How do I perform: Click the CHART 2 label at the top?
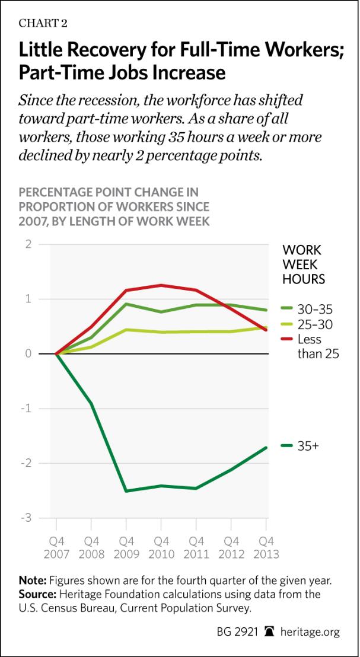[x=43, y=24]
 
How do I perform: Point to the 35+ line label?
[x=307, y=446]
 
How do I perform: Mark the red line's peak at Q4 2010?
[x=161, y=285]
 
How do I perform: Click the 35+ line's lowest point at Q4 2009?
[x=126, y=491]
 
